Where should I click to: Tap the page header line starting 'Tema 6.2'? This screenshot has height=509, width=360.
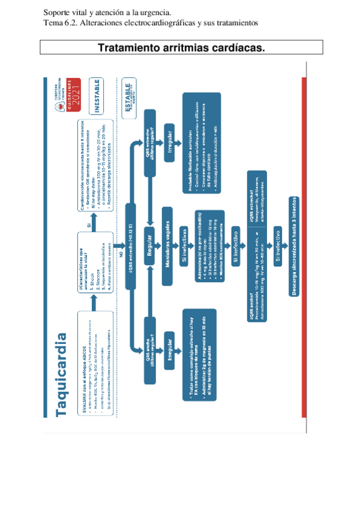151,23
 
